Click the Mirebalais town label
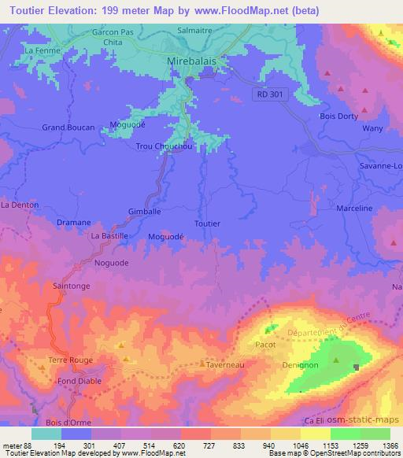click(196, 61)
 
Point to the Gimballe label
click(144, 212)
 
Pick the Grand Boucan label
click(68, 127)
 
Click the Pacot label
click(264, 345)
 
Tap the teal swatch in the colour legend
click(46, 433)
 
